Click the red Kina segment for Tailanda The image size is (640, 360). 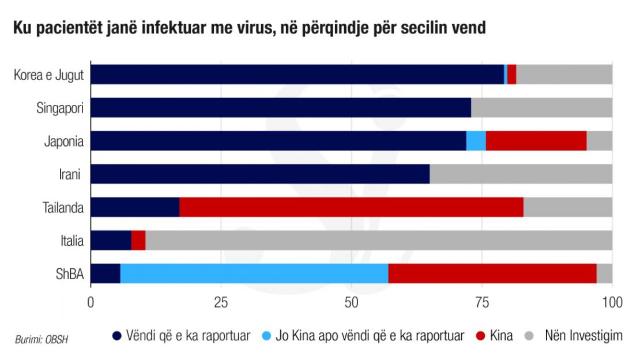[x=351, y=207]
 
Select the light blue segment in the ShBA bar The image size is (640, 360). [x=254, y=273]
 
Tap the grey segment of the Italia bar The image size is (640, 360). [x=379, y=240]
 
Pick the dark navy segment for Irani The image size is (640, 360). [x=260, y=174]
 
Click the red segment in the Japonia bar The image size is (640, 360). [x=536, y=141]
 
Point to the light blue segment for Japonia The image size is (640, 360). [x=476, y=141]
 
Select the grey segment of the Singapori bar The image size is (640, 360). [x=541, y=107]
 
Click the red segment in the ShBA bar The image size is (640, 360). [x=492, y=273]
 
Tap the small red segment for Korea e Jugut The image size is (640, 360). [x=511, y=74]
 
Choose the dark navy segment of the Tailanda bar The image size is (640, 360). [x=135, y=207]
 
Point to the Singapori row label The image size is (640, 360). [x=60, y=107]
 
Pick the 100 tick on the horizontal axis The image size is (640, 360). [x=611, y=302]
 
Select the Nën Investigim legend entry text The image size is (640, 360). [x=583, y=336]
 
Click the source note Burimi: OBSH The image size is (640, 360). [x=42, y=339]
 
